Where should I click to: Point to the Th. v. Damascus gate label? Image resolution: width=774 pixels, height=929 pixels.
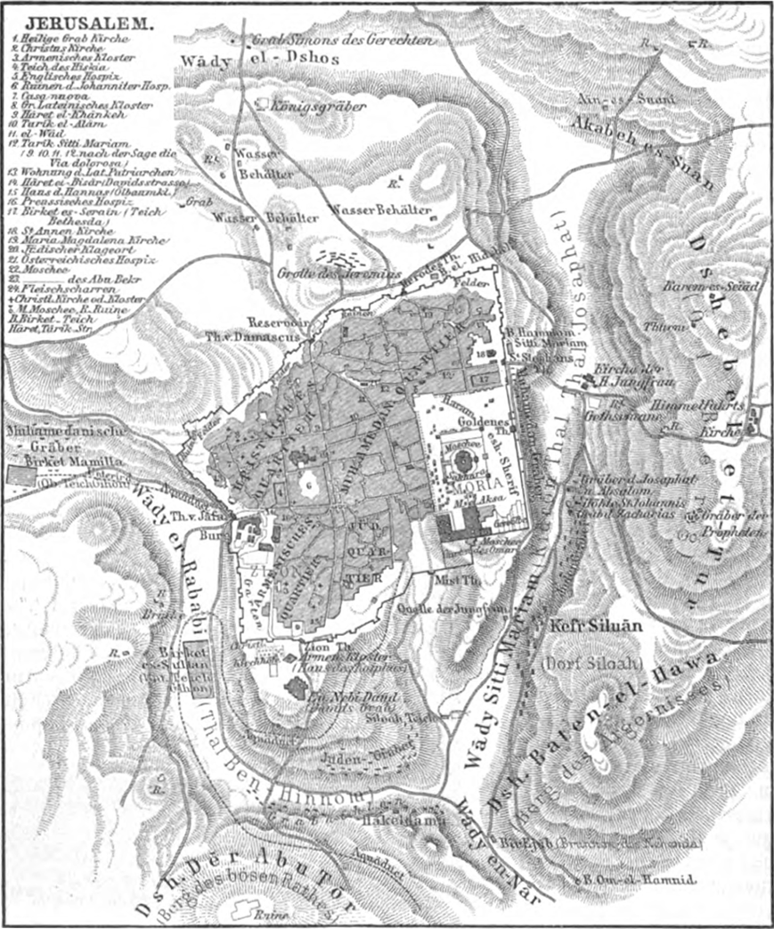(x=275, y=338)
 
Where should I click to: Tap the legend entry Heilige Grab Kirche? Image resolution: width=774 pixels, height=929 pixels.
(x=62, y=39)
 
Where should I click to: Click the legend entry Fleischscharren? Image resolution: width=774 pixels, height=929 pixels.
(x=64, y=289)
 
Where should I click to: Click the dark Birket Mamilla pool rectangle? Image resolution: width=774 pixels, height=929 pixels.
(x=19, y=473)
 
